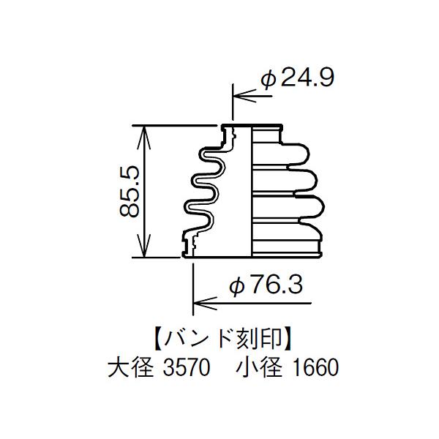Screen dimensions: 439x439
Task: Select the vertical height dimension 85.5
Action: point(130,191)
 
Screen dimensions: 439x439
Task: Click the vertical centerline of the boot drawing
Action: point(252,190)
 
